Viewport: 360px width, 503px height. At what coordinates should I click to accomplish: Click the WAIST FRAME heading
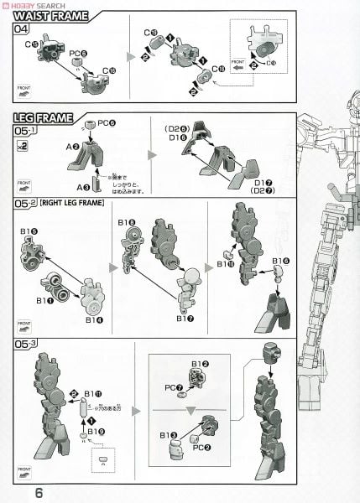(50, 15)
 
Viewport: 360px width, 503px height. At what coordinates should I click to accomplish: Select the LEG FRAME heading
(43, 118)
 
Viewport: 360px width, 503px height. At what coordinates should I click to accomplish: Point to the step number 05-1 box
(25, 132)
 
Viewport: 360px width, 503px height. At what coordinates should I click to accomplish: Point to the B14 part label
(94, 319)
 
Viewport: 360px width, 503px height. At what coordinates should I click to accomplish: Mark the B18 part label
(127, 222)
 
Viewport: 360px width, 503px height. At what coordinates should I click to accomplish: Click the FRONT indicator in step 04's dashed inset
(237, 61)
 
